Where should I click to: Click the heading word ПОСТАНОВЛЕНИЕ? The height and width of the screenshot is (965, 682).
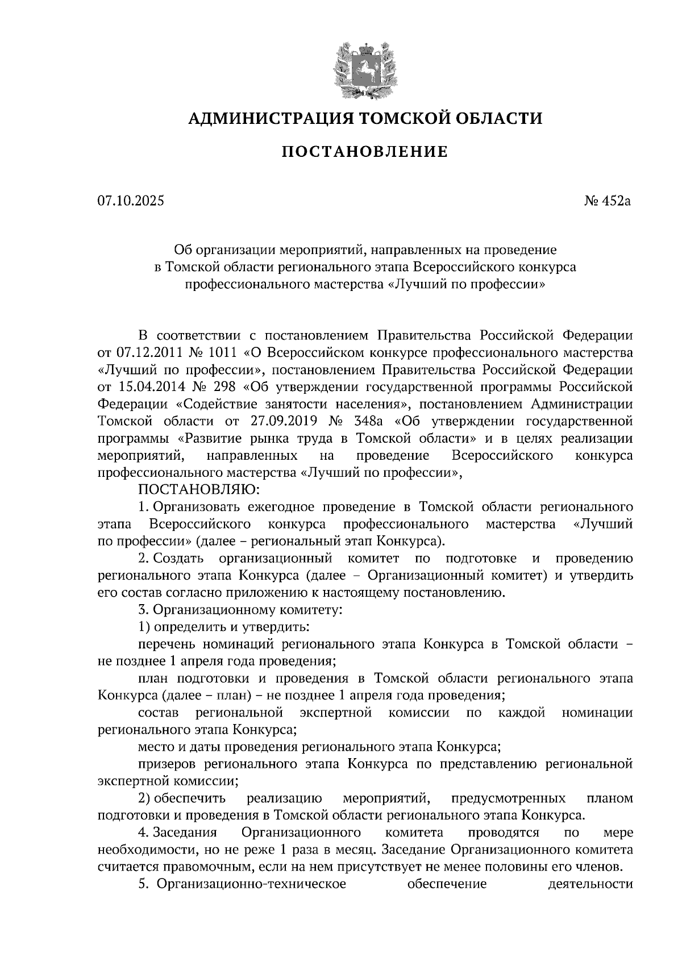click(365, 152)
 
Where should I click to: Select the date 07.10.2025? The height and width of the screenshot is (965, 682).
click(130, 201)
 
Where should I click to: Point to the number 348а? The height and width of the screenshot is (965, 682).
click(368, 422)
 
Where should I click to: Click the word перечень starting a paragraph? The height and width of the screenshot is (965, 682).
click(166, 644)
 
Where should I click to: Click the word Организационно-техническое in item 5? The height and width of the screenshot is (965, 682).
click(251, 884)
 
